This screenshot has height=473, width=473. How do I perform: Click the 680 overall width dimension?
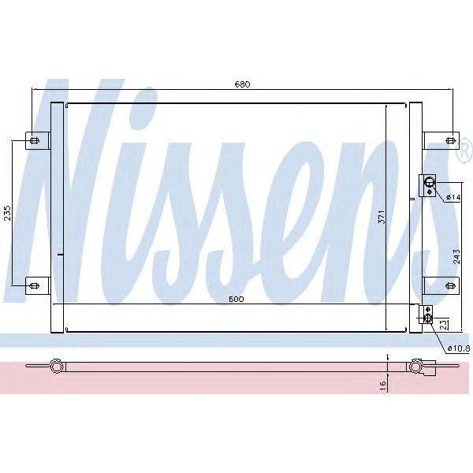point(241,84)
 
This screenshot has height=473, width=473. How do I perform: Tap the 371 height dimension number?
point(382,217)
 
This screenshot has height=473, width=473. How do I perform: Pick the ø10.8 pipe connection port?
point(428,318)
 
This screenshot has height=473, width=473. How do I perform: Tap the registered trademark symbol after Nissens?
point(464,147)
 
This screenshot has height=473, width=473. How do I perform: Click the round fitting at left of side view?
point(56,365)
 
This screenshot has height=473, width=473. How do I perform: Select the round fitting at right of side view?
point(415,365)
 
